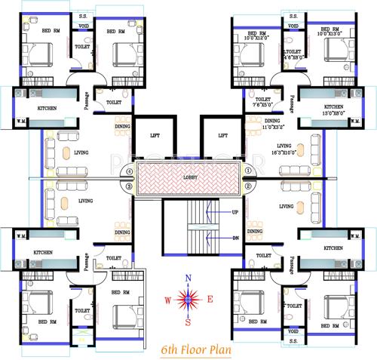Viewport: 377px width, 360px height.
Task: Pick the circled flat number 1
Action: pyautogui.click(x=248, y=171)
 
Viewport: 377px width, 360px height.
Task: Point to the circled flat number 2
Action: pyautogui.click(x=248, y=187)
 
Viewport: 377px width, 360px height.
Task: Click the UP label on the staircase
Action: pyautogui.click(x=235, y=212)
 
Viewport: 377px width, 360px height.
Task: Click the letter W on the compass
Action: pyautogui.click(x=167, y=300)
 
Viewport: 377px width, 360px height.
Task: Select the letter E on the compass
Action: pyautogui.click(x=210, y=300)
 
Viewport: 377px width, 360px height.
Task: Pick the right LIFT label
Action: pyautogui.click(x=223, y=137)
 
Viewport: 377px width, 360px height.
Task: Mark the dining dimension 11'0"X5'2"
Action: pyautogui.click(x=272, y=127)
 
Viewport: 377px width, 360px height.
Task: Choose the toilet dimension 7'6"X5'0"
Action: pyautogui.click(x=264, y=105)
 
